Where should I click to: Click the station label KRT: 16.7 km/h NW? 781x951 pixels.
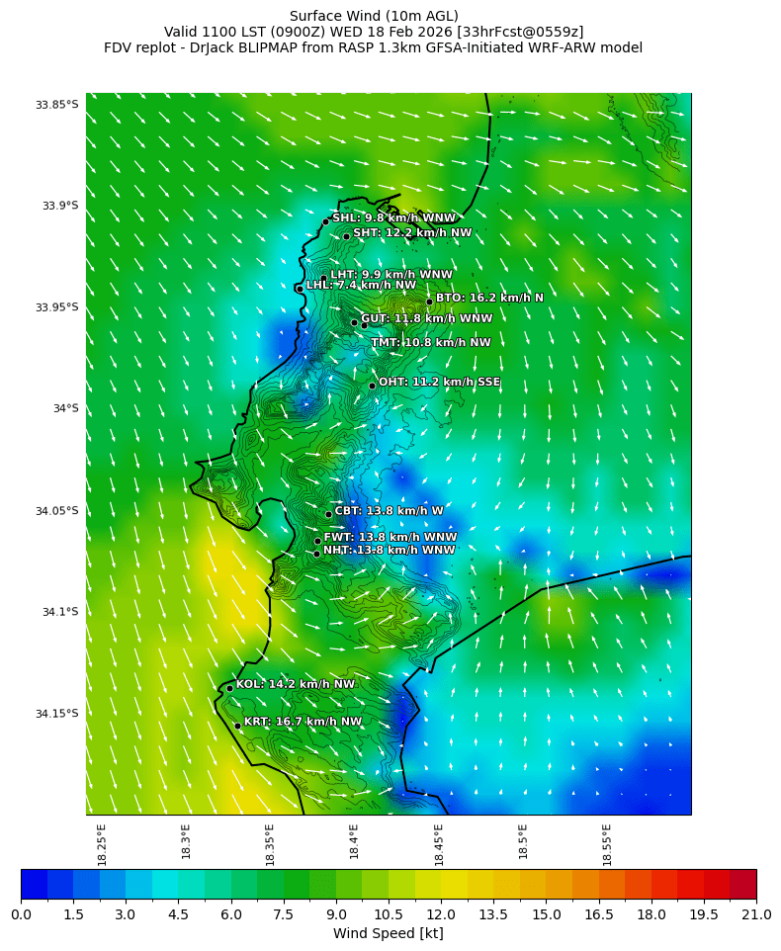click(x=303, y=722)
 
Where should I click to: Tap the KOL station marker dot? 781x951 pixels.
click(x=229, y=689)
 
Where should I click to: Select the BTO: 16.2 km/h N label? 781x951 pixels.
click(x=489, y=298)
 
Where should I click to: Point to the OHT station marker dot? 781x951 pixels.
click(x=372, y=386)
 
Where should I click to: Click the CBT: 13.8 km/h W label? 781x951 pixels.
click(x=389, y=511)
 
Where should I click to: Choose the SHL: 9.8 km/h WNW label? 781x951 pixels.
click(x=393, y=218)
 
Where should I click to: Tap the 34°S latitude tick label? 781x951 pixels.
click(x=59, y=409)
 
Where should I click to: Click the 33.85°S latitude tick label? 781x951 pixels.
click(x=56, y=105)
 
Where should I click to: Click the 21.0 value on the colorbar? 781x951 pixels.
click(x=755, y=915)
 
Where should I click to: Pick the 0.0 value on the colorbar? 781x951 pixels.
click(x=21, y=915)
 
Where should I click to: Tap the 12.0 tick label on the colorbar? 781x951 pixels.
click(x=441, y=915)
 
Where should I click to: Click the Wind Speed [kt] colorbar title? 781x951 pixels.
click(x=388, y=934)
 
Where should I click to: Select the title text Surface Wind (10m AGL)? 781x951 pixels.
click(x=374, y=16)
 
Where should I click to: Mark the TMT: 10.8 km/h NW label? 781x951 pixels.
click(x=430, y=343)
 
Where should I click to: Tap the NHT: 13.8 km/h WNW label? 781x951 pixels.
click(x=389, y=551)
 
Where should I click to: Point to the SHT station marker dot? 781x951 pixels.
click(x=346, y=236)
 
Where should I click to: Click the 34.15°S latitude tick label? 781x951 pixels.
click(x=56, y=714)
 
